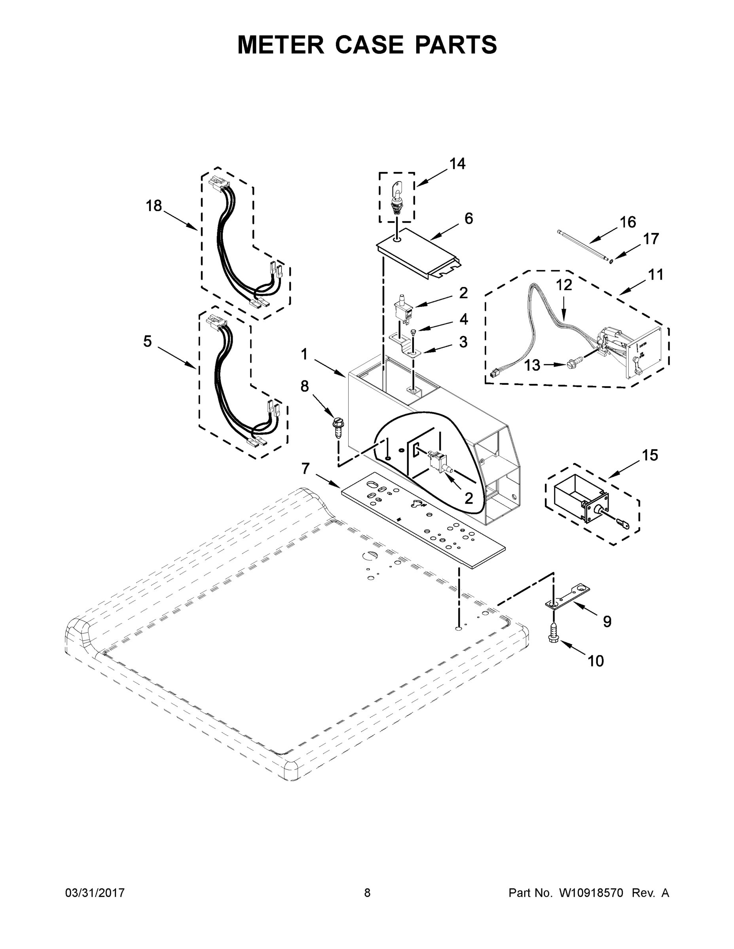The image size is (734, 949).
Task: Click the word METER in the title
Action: (x=281, y=45)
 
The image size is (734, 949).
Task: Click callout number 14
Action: (x=457, y=164)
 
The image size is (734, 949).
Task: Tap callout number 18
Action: (x=154, y=206)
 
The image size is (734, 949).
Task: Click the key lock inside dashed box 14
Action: (x=397, y=199)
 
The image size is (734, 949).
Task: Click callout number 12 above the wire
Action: (x=564, y=285)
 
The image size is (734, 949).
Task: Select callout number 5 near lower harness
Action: (x=148, y=342)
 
